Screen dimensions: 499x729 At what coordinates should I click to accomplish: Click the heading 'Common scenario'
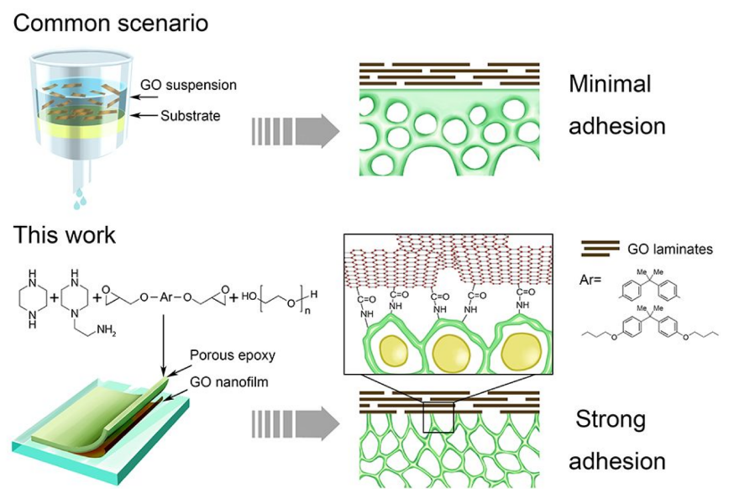(x=111, y=24)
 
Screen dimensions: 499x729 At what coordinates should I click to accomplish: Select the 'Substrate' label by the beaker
(x=191, y=115)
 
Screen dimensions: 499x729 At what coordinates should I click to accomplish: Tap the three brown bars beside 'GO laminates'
(x=601, y=249)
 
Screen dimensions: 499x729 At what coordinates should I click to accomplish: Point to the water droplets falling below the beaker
(x=81, y=199)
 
